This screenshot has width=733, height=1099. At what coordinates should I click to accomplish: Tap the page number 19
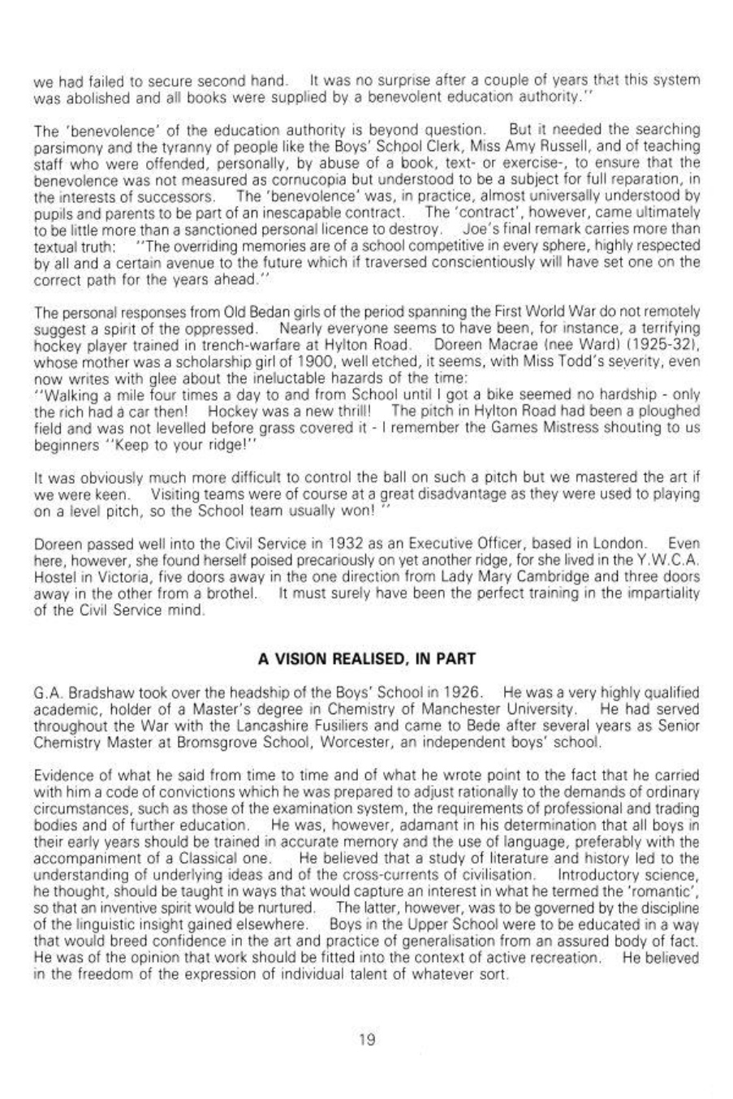coord(367,1039)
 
